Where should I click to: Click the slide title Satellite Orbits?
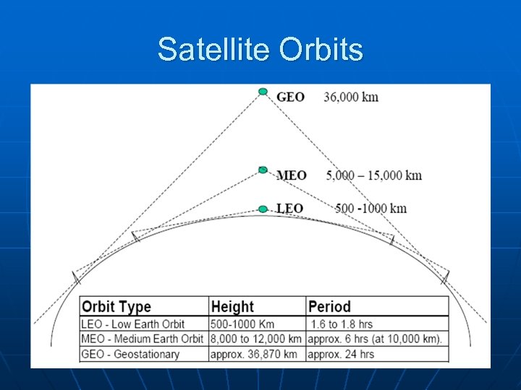point(260,50)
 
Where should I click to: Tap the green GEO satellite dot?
point(263,92)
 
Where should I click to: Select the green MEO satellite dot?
point(263,170)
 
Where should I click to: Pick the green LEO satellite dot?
point(263,209)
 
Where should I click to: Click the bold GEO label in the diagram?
point(290,97)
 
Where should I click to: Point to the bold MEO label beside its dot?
point(292,175)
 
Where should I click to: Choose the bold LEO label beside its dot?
point(290,209)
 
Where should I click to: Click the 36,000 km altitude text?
point(351,97)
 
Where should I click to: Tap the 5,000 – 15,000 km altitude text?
point(373,175)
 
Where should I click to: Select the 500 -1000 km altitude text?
point(371,209)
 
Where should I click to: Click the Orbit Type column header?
point(117,307)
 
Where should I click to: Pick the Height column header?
point(232,307)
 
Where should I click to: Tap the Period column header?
point(329,307)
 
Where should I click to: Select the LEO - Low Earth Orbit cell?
point(133,324)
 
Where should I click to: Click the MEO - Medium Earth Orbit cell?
point(143,339)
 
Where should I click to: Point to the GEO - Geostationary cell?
point(130,354)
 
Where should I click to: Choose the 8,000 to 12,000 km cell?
point(256,339)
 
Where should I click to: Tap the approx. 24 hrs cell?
point(341,354)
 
